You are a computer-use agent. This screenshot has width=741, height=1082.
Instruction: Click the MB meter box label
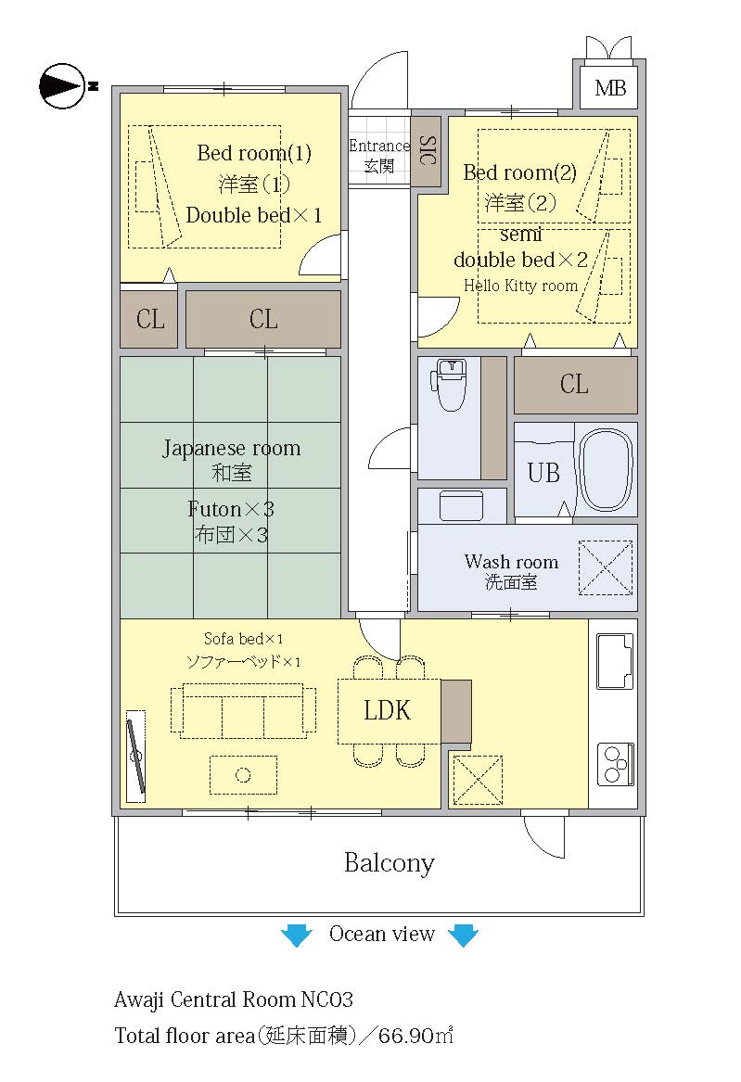tap(610, 88)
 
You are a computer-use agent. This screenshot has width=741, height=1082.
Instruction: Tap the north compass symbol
tap(63, 86)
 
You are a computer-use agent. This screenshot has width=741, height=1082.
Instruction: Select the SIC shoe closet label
tap(428, 150)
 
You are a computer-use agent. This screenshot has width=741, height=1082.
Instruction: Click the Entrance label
tap(379, 146)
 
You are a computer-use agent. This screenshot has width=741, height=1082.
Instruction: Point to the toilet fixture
tap(449, 384)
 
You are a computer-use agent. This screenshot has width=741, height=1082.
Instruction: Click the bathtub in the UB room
tap(605, 469)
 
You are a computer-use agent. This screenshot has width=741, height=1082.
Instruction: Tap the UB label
tap(543, 473)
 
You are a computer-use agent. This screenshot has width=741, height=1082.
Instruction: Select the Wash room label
tap(511, 561)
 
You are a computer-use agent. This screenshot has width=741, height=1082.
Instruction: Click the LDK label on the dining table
tap(387, 710)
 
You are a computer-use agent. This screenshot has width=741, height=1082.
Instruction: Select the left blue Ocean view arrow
tap(297, 935)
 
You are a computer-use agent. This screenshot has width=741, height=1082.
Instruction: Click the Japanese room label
tap(231, 449)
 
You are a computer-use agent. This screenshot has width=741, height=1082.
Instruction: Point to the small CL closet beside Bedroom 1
tap(149, 320)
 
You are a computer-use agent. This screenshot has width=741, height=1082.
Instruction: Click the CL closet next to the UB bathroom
tap(575, 385)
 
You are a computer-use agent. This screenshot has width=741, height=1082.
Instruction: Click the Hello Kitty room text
tap(520, 285)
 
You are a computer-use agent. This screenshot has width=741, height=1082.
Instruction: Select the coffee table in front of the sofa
tap(243, 775)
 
